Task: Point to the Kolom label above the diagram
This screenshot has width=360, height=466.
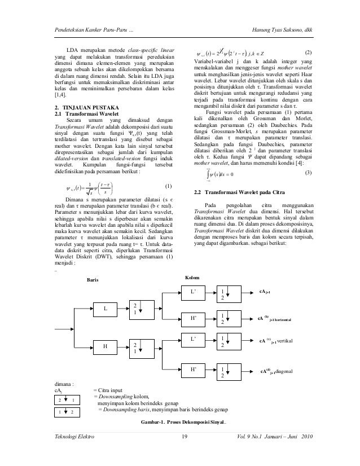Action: (x=192, y=279)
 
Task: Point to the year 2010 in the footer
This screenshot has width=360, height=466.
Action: (x=305, y=438)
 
